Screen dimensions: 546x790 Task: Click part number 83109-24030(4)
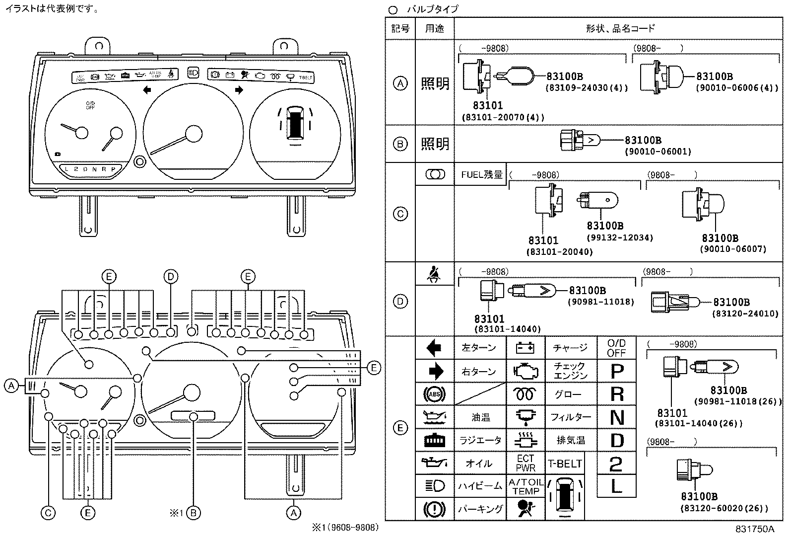coord(587,88)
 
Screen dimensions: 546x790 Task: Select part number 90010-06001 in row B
coord(658,151)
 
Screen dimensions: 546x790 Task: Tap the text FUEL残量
coord(481,175)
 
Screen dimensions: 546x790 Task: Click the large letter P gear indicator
coord(616,371)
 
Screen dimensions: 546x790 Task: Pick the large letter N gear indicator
coord(616,417)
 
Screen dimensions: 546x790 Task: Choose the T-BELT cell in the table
coord(565,464)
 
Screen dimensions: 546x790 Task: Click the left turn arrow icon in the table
coord(434,348)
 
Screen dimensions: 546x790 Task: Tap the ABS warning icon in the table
coord(434,394)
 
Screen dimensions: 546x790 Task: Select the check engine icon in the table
coord(525,371)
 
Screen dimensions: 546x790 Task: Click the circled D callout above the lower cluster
coord(170,277)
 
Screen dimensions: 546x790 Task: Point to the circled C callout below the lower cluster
coord(48,513)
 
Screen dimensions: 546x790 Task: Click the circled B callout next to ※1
coord(194,513)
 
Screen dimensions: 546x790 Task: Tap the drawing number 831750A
coord(755,530)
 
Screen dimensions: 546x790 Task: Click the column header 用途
coord(434,28)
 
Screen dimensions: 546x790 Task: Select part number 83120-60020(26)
coord(724,508)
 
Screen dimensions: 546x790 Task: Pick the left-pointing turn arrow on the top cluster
coord(147,90)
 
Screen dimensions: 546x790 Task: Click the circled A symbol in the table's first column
coord(400,83)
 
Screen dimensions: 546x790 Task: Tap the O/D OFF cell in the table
coord(616,348)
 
